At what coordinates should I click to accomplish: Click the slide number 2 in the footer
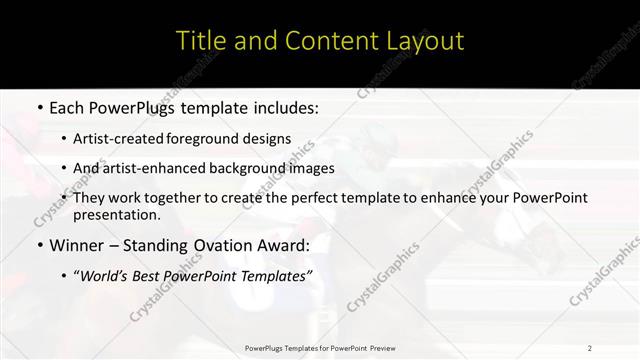590,348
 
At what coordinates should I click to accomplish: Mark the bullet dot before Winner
39,245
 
